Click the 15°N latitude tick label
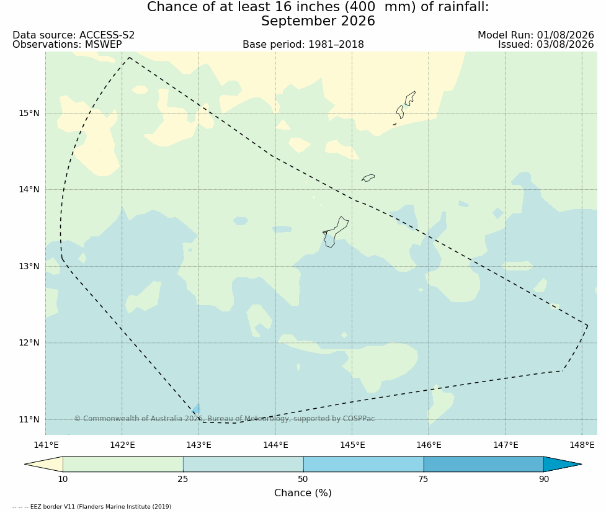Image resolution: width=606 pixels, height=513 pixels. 29,114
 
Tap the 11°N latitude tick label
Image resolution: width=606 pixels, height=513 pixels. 29,419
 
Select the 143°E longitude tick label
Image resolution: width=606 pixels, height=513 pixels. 199,445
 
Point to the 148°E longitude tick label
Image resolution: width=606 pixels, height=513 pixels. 582,445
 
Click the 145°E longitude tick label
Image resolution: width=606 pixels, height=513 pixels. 352,445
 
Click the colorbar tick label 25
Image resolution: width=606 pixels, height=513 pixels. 183,480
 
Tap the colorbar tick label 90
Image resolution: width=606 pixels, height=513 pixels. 544,480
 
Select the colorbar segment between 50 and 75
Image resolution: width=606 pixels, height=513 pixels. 363,464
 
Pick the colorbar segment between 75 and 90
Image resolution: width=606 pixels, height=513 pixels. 483,464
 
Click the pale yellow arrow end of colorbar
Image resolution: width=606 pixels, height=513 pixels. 47,464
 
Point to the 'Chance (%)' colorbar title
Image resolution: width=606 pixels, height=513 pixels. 303,493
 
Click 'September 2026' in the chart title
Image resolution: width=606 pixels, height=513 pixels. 318,21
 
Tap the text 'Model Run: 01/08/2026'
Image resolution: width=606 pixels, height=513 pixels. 536,35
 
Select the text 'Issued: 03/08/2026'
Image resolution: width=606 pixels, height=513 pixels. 546,45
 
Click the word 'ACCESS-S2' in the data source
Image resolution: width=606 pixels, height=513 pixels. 107,35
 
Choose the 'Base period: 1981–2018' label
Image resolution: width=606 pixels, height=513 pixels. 303,45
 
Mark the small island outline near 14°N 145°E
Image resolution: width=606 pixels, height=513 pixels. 368,178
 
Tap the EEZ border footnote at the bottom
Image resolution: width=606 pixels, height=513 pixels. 92,506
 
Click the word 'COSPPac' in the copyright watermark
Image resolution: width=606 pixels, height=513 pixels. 359,419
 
